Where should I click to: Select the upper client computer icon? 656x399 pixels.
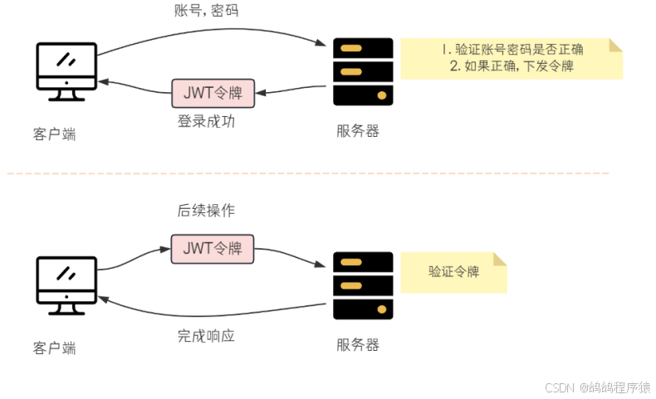pos(67,71)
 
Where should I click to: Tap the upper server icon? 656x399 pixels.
pos(363,71)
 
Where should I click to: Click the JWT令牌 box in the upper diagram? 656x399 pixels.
pos(213,91)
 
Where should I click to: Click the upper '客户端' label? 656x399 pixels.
pos(55,134)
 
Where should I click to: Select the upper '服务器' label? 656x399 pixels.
pos(358,131)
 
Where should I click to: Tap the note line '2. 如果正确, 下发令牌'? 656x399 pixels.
pos(511,67)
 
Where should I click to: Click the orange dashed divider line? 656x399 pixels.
pos(307,173)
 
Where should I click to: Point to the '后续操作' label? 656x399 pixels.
pos(206,211)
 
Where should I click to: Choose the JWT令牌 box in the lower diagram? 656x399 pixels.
pos(213,248)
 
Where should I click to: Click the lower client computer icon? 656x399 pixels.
pos(67,285)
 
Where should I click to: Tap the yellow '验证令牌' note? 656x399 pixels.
pos(453,272)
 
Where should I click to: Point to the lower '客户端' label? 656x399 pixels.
pos(55,348)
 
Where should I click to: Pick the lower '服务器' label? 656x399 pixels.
pos(358,344)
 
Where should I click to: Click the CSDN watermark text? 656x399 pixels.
pos(597,387)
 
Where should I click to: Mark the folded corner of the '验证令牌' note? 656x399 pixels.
pos(497,258)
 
